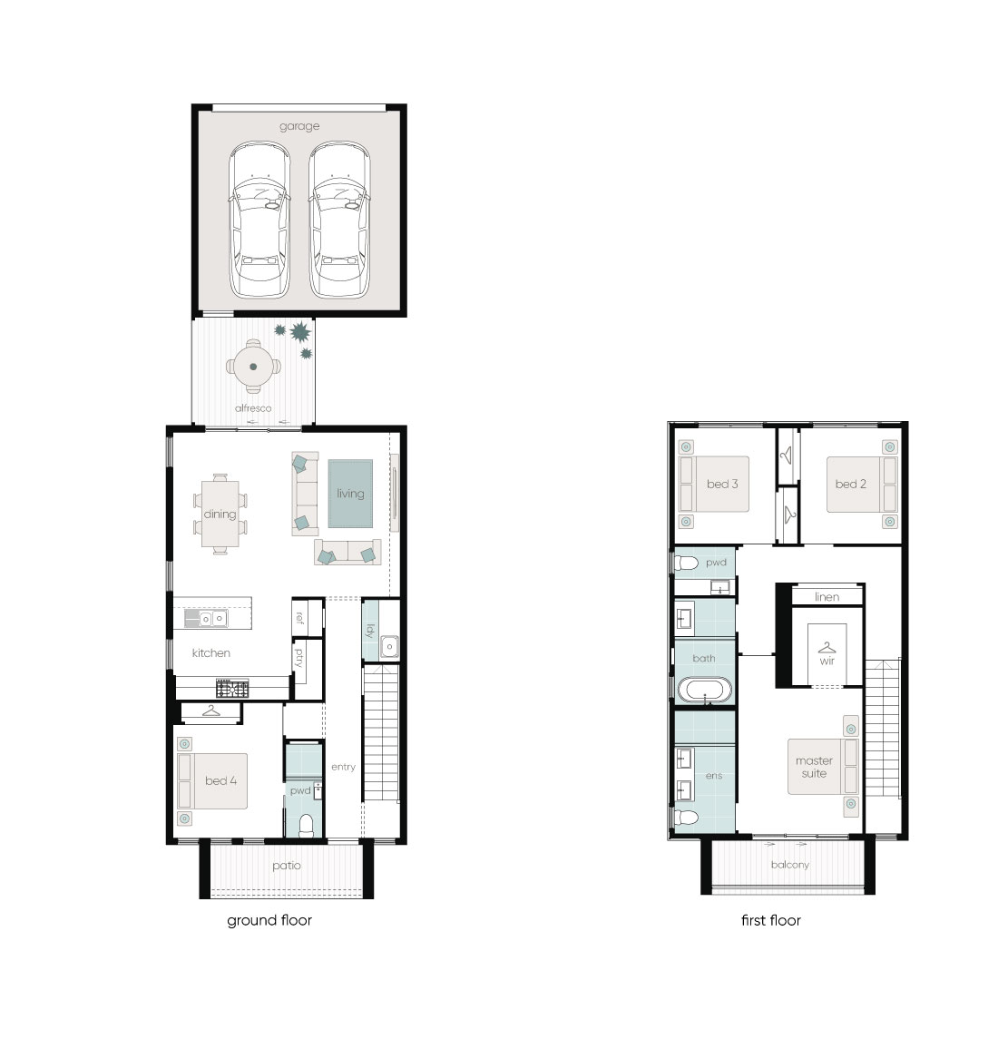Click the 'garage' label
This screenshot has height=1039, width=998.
[299, 126]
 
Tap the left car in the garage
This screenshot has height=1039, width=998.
[259, 220]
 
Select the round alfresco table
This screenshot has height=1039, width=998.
[253, 367]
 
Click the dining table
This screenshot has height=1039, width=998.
[220, 515]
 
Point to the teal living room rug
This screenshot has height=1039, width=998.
[350, 494]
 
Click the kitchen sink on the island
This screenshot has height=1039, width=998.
[212, 619]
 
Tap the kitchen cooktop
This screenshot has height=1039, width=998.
[232, 689]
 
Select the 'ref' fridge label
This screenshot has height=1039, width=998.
[299, 618]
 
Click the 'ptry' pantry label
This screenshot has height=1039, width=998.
[299, 657]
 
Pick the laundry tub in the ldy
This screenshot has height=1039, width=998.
[389, 646]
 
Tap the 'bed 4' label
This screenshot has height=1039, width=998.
[220, 781]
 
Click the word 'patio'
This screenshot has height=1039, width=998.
[287, 866]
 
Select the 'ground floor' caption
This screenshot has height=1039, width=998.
[269, 920]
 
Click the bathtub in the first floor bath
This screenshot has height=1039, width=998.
[705, 690]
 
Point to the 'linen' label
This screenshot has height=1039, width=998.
[827, 597]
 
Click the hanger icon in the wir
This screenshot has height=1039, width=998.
[827, 647]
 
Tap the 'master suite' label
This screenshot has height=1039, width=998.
[814, 768]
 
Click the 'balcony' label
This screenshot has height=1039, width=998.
[790, 865]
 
